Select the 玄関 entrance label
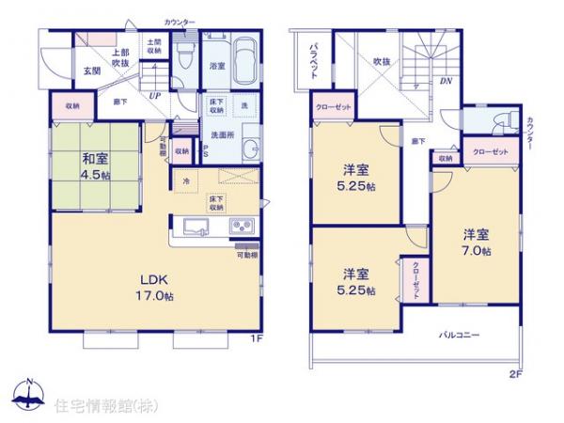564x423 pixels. click(91, 71)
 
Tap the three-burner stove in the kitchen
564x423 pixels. click(241, 226)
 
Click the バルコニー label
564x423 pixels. click(460, 334)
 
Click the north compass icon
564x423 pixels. click(29, 395)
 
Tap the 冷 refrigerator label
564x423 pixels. click(185, 180)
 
